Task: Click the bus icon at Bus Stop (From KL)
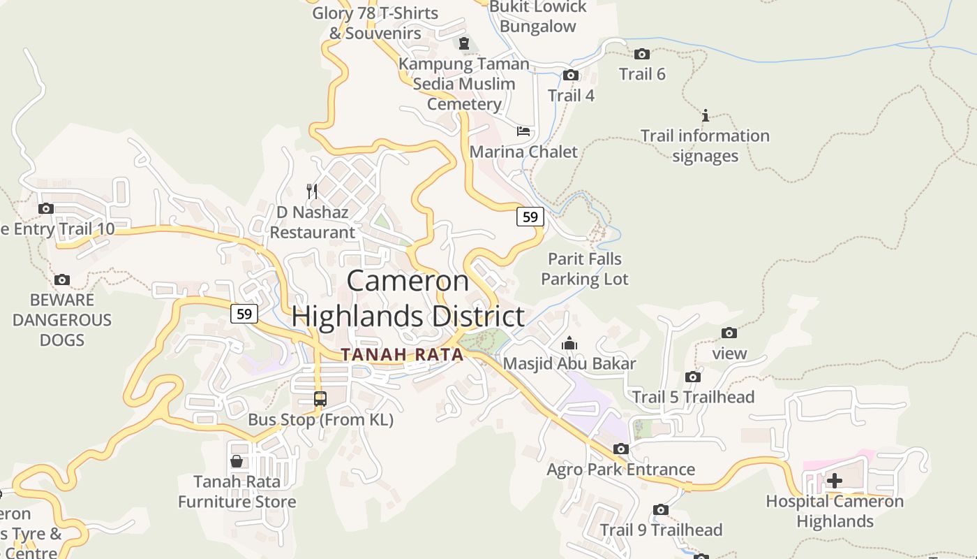click(x=320, y=399)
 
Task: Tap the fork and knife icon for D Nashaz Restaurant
click(x=312, y=191)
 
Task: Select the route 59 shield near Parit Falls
click(x=530, y=217)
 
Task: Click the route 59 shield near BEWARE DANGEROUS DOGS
click(x=244, y=314)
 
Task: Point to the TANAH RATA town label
click(x=403, y=355)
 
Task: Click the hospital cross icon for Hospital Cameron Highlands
click(x=835, y=481)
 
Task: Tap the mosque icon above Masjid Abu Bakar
click(x=569, y=343)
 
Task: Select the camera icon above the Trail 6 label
click(x=642, y=54)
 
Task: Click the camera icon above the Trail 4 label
click(x=571, y=75)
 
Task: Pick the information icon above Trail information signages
click(x=706, y=115)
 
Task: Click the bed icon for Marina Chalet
click(x=523, y=131)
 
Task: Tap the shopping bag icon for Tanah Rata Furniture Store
click(x=237, y=461)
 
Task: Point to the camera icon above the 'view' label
click(x=729, y=333)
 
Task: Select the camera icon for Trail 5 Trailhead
click(x=693, y=377)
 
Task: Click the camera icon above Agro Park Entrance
click(x=621, y=449)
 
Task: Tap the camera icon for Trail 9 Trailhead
click(x=661, y=510)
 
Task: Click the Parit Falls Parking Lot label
click(x=585, y=269)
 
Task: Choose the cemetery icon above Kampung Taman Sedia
click(x=464, y=43)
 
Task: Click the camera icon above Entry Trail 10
click(x=46, y=208)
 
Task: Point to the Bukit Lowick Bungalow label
click(x=538, y=17)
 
